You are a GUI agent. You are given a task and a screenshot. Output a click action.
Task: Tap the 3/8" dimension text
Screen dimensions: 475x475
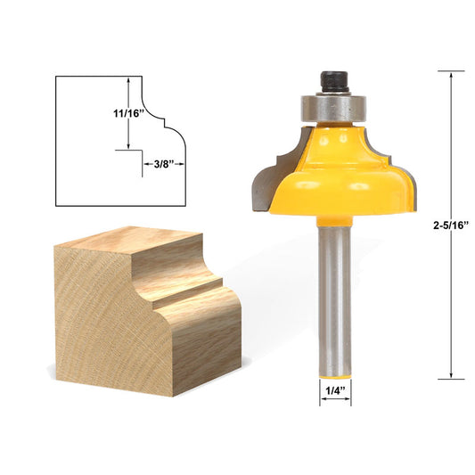(162, 163)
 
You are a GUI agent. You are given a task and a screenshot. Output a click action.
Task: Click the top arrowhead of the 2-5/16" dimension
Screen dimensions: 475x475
(451, 78)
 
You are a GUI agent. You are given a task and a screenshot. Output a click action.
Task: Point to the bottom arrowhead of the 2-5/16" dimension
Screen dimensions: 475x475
(451, 375)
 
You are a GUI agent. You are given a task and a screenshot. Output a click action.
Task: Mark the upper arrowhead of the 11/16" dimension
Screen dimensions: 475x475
(132, 80)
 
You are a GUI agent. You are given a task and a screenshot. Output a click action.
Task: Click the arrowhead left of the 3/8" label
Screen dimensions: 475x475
(144, 163)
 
